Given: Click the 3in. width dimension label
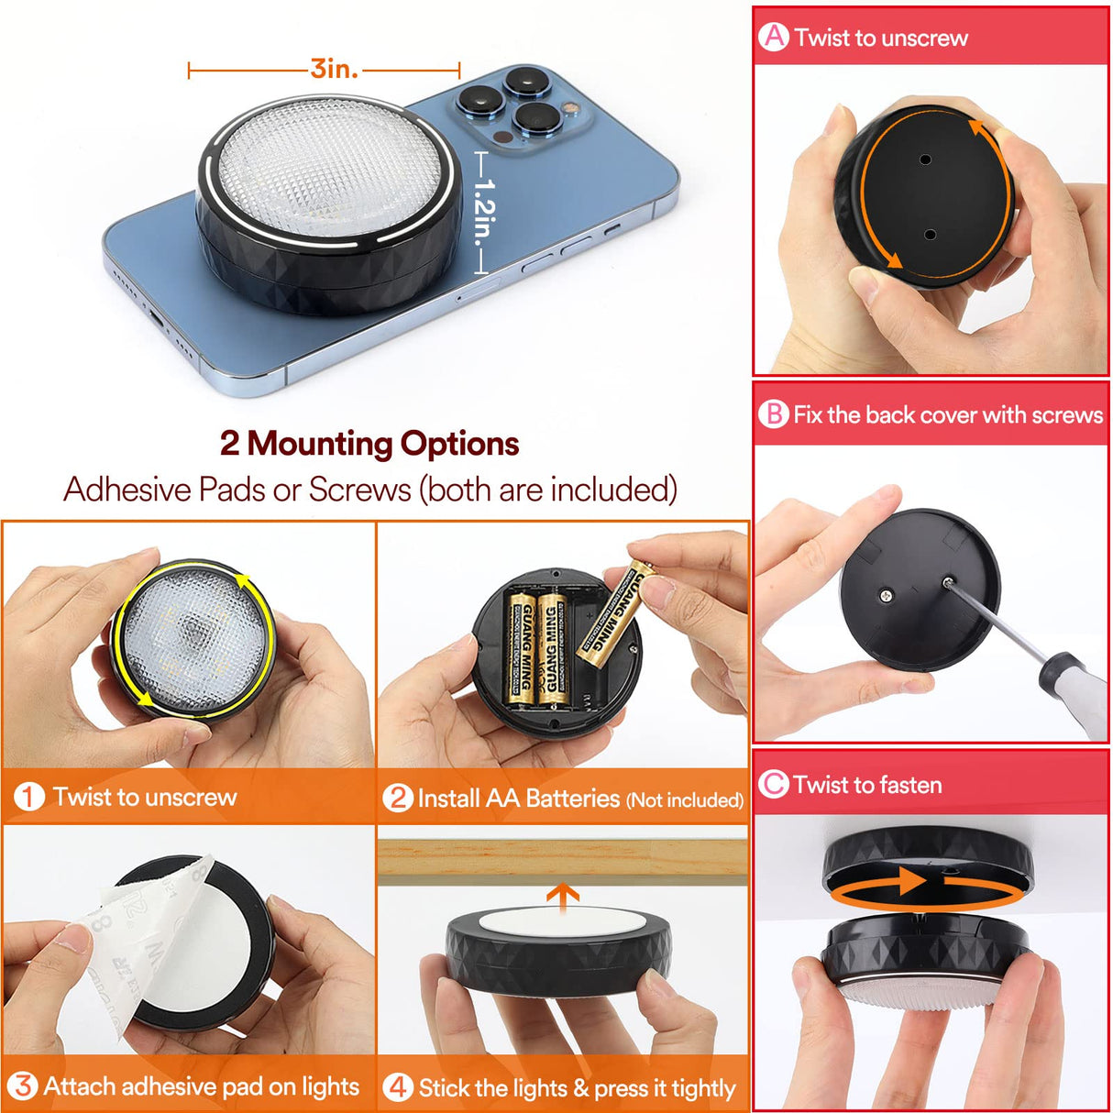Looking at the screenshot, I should coord(334,69).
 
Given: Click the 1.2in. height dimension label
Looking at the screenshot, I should coord(484,212).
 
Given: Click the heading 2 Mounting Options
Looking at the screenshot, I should coord(369,444).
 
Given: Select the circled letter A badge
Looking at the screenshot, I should coord(775,37).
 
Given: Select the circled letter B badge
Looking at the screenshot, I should coord(774,414).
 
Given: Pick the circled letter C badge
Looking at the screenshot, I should coord(774,785).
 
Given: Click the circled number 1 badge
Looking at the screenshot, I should coord(29,797).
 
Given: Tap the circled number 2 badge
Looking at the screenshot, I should coord(398,798).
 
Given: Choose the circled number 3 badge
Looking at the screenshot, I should coord(23,1087).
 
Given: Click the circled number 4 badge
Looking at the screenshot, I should coord(397,1088).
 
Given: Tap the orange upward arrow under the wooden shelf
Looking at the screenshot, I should coord(563,896).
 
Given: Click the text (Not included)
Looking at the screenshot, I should coord(684,800).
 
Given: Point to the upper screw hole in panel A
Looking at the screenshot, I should coord(925,160).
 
